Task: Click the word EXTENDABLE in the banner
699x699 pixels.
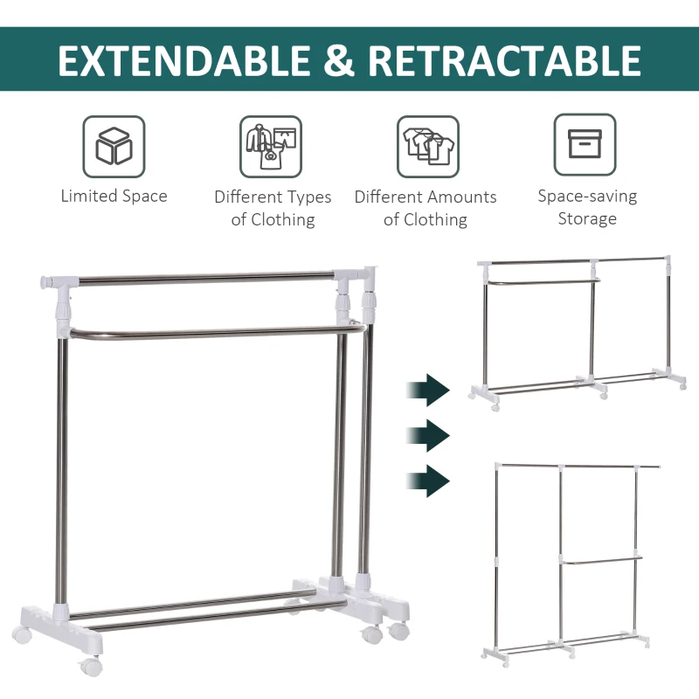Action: point(184,60)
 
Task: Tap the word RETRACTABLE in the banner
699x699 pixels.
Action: point(504,60)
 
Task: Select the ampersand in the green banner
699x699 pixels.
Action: point(339,60)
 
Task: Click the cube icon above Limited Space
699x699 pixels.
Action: point(114,146)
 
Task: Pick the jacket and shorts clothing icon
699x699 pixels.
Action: point(271,146)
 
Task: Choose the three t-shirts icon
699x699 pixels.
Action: point(428,146)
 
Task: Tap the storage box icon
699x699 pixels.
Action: point(585,144)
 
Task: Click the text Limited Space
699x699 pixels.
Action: point(114,196)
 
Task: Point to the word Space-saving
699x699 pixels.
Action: point(587,196)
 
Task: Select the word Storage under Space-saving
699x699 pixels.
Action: point(587,219)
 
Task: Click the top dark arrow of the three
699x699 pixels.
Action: point(428,390)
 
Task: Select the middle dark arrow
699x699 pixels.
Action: point(428,435)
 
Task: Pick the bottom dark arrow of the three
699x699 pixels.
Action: point(428,481)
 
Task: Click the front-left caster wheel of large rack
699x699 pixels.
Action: point(92,666)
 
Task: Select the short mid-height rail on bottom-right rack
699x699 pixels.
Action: point(602,560)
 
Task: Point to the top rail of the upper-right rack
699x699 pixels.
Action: point(574,260)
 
